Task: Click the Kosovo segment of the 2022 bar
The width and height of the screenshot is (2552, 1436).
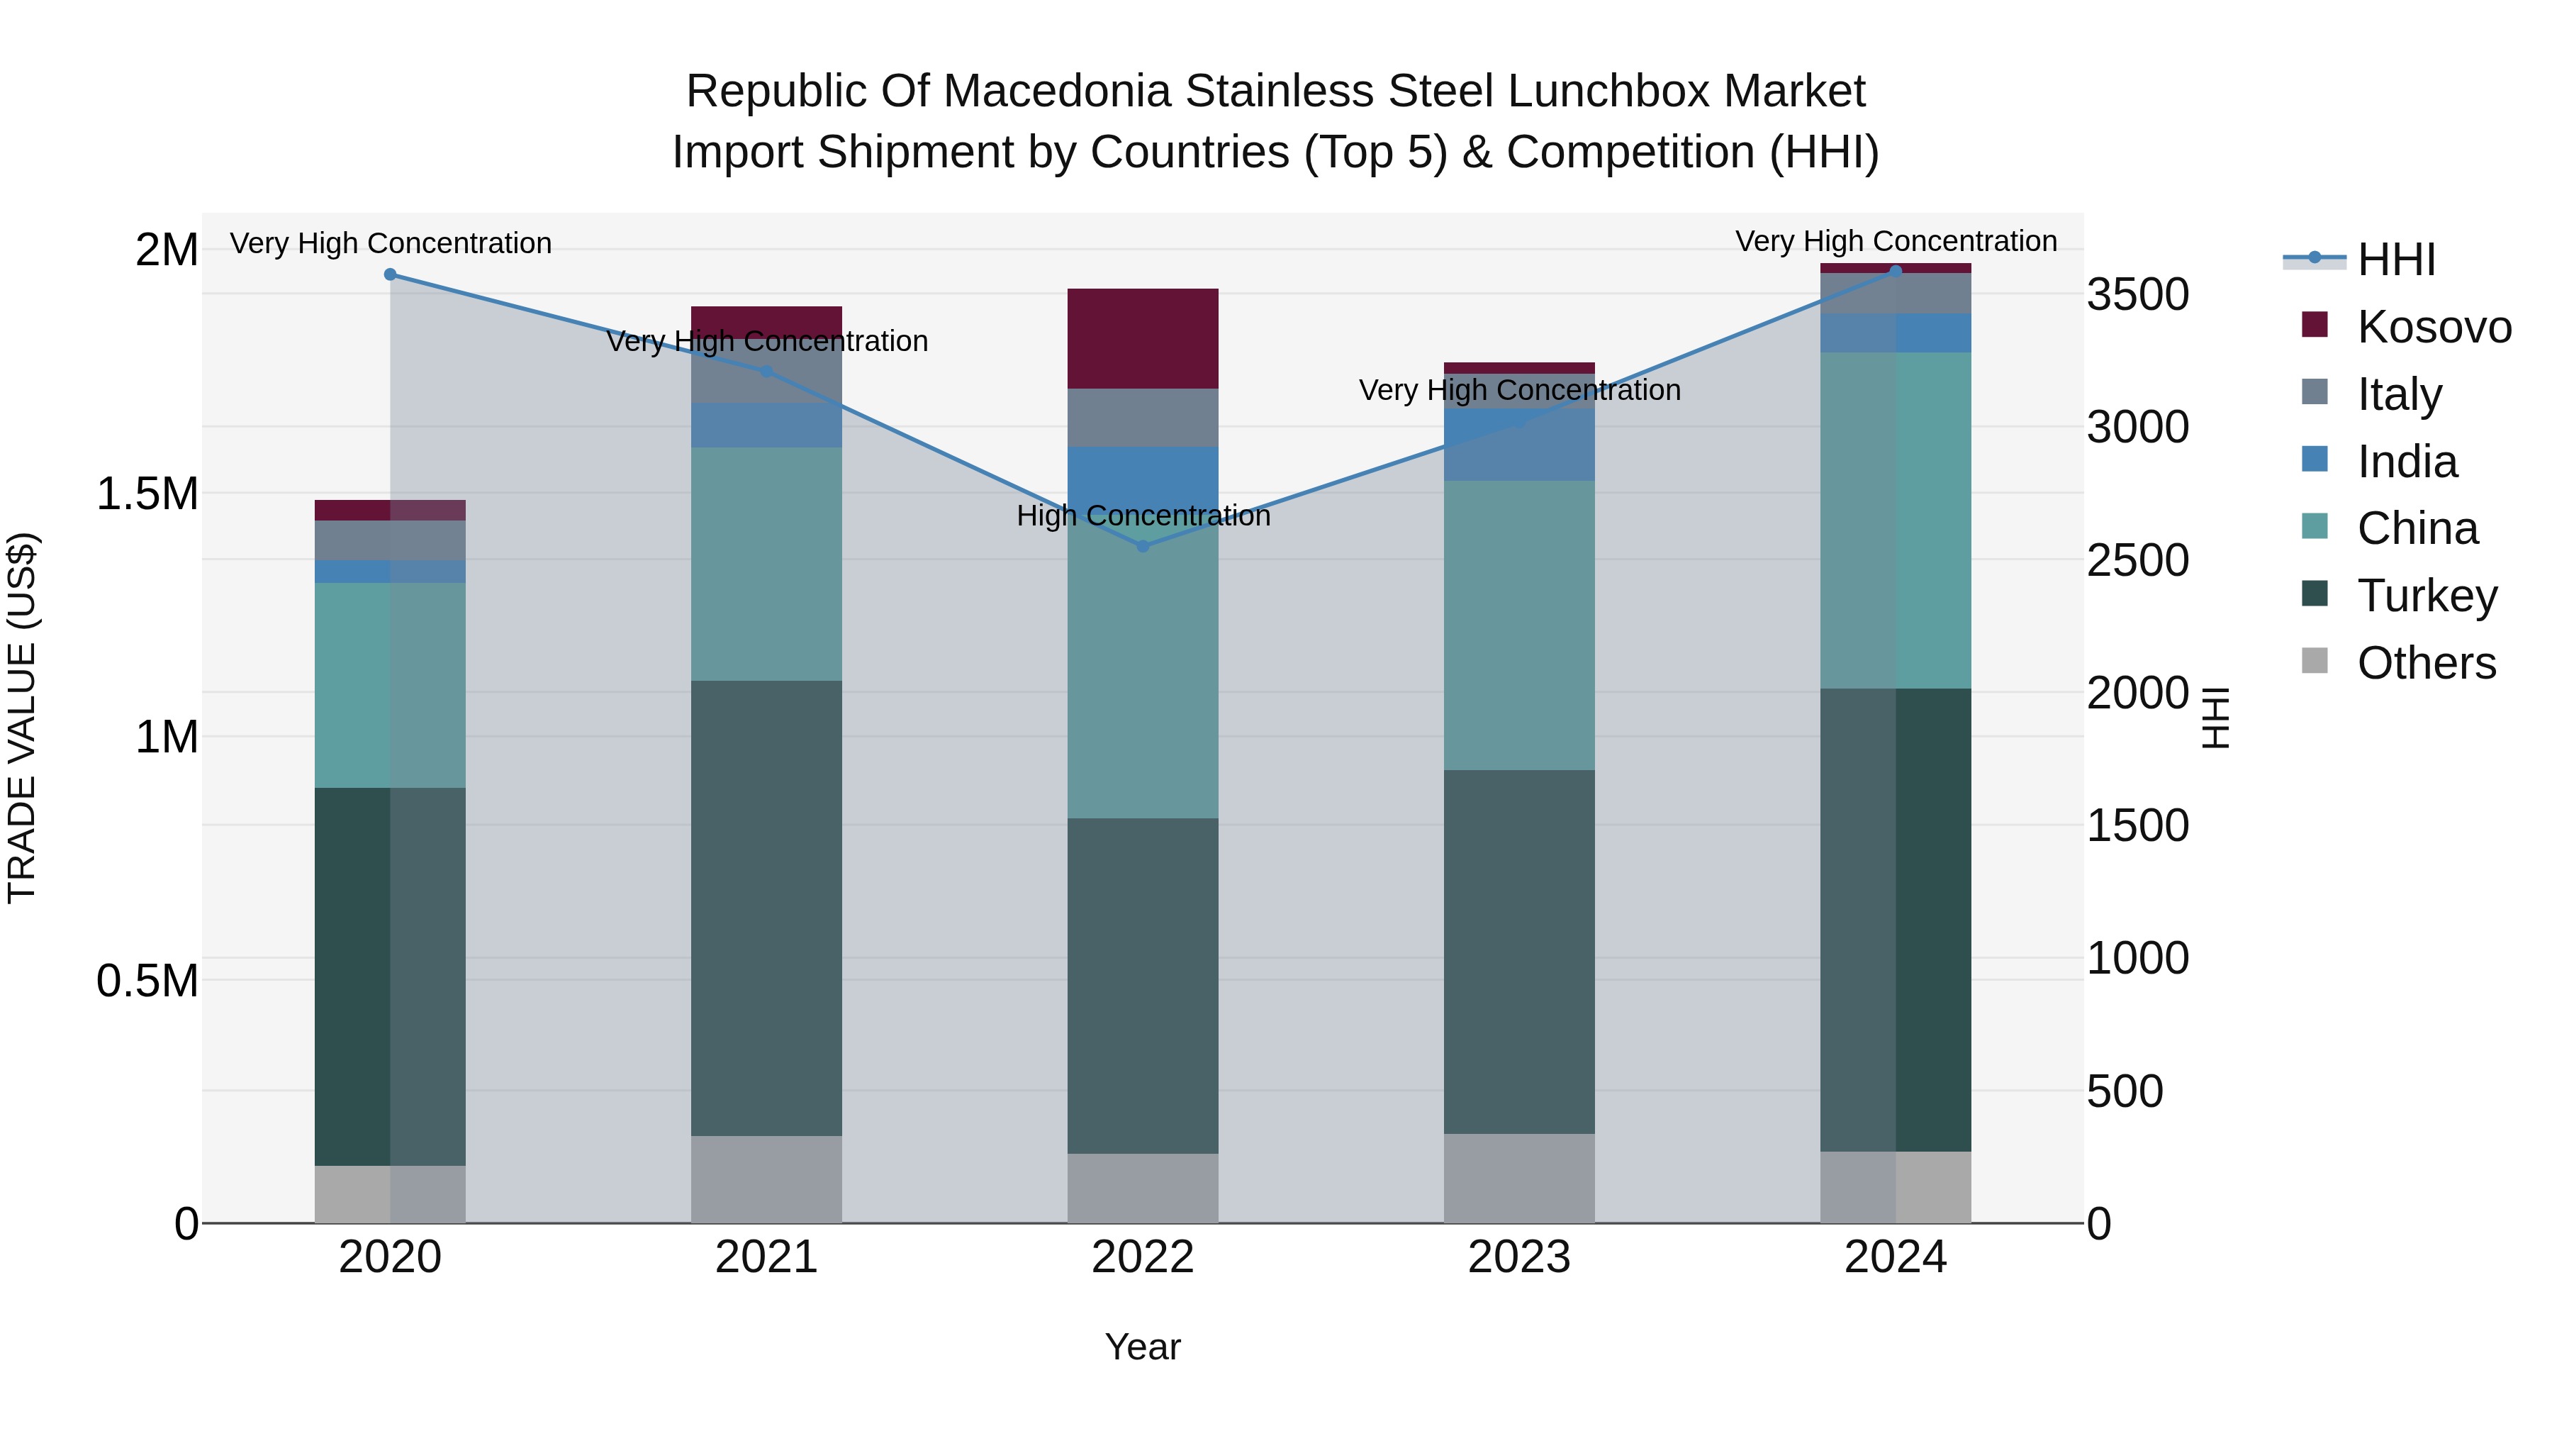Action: [1142, 338]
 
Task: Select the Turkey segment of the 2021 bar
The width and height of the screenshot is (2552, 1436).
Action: [766, 908]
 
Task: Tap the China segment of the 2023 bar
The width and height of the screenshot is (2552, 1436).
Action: [1518, 625]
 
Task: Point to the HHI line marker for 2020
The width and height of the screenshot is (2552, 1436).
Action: [391, 274]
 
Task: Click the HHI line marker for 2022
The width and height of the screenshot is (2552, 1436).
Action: [1142, 546]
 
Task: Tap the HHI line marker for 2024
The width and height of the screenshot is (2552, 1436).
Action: [1895, 271]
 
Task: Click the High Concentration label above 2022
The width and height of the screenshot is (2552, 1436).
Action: [1142, 516]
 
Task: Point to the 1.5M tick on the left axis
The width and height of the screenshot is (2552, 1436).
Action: [147, 494]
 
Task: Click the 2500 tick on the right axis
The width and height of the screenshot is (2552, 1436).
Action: [2137, 561]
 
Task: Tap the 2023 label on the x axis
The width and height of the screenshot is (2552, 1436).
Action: [1518, 1257]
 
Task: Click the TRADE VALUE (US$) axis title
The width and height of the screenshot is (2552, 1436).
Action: [22, 718]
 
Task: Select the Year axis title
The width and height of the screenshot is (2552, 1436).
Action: [1142, 1347]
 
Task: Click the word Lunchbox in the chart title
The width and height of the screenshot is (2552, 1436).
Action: [1607, 91]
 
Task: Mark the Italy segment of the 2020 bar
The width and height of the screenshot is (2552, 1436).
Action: [391, 540]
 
